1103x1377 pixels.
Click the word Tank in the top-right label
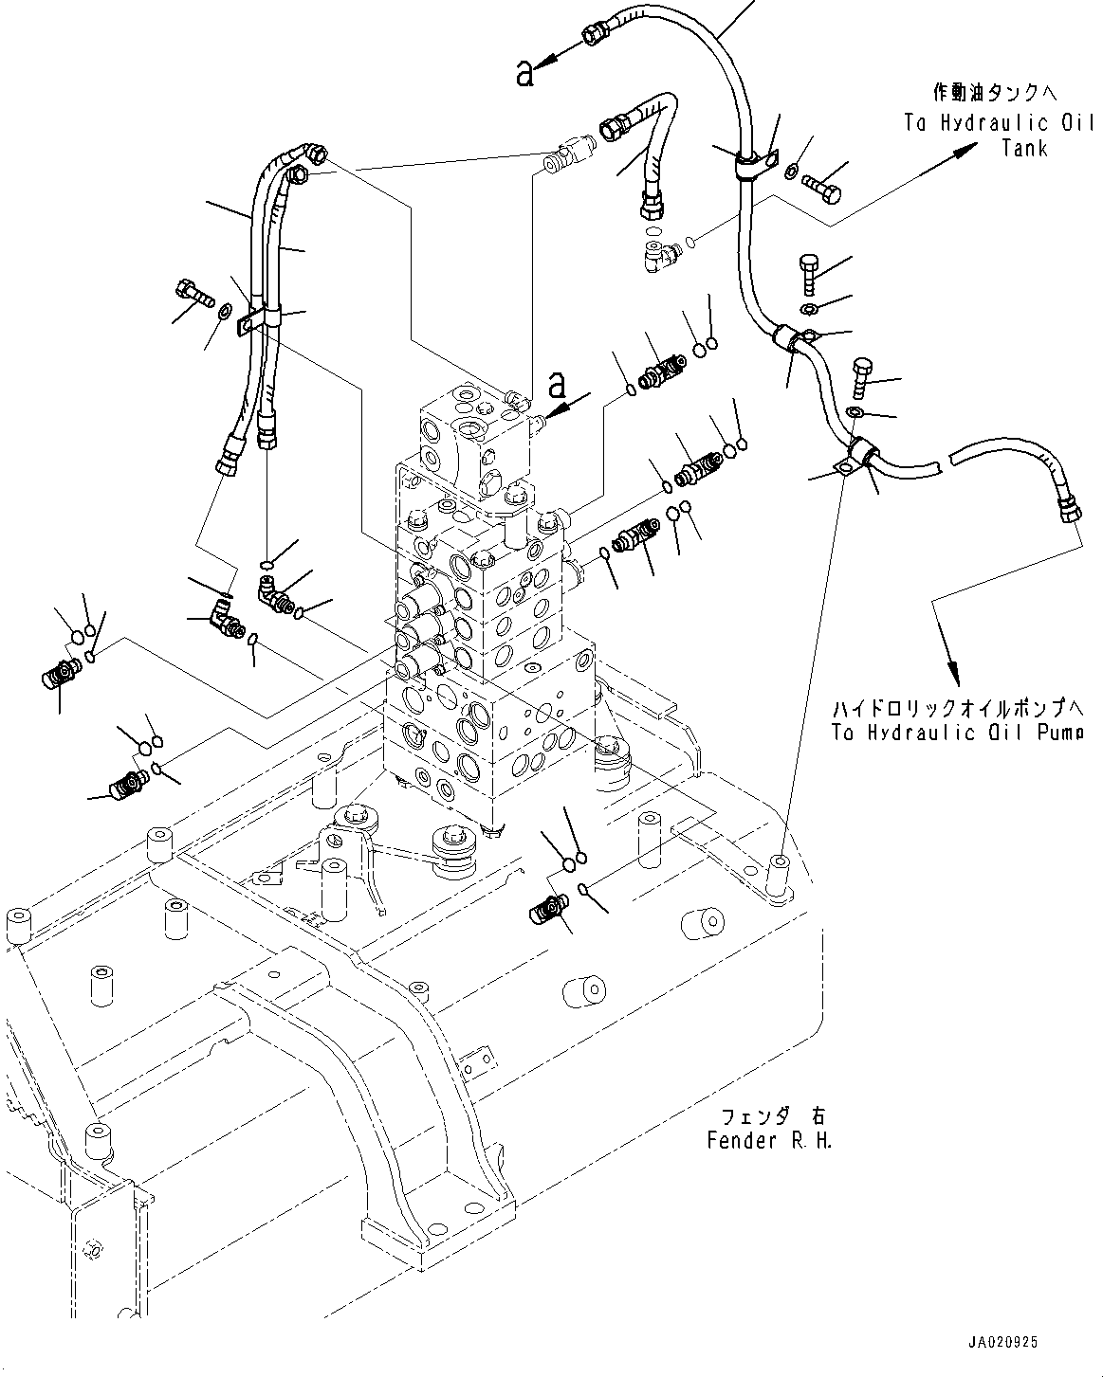[1023, 148]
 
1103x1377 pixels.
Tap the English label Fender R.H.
[769, 1140]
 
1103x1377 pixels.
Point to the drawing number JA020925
[1003, 1343]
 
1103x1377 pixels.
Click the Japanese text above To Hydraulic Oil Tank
[994, 93]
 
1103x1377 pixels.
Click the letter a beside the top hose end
[525, 73]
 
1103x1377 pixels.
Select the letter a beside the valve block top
[557, 386]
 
